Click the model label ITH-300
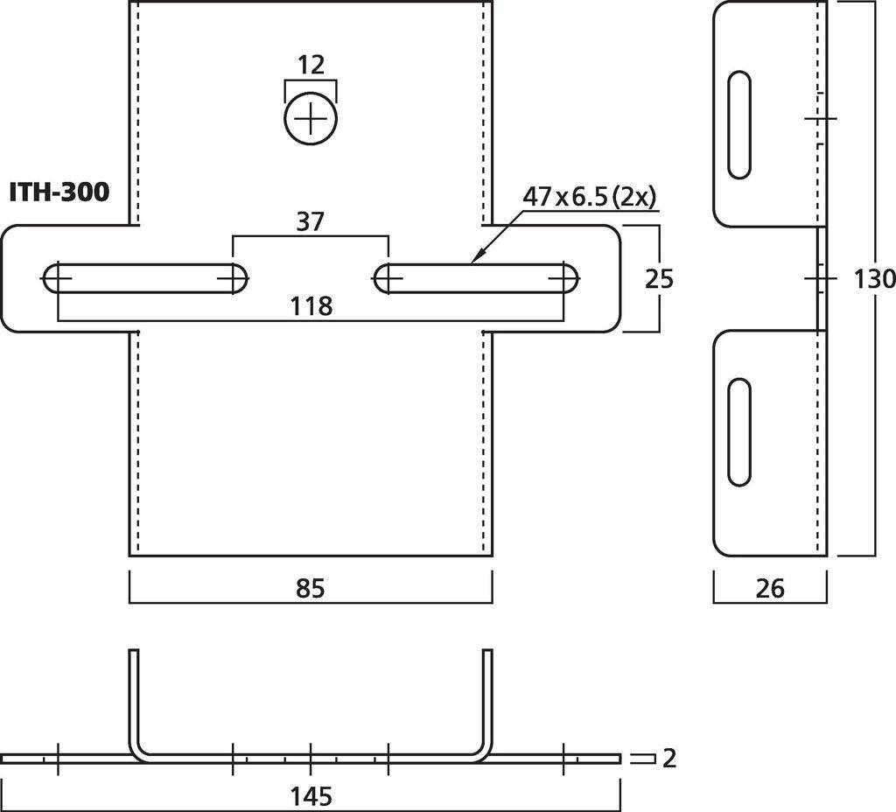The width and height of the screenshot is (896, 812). click(x=59, y=192)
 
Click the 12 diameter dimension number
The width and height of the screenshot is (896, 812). click(x=311, y=65)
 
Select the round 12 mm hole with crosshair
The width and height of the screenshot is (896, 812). click(x=311, y=118)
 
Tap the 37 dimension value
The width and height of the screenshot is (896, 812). click(x=311, y=222)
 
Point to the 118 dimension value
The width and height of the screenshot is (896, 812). click(x=311, y=306)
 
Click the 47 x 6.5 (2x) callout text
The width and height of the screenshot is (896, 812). click(x=589, y=198)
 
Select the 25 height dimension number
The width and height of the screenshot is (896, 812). click(x=659, y=279)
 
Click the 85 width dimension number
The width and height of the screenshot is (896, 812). click(x=311, y=589)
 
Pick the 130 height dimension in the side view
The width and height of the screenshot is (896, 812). click(x=873, y=279)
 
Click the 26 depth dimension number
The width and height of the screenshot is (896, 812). click(x=769, y=589)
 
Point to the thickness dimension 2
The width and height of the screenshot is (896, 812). click(x=669, y=759)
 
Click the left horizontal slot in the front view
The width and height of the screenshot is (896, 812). click(x=144, y=278)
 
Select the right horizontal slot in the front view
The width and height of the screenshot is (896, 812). click(x=476, y=278)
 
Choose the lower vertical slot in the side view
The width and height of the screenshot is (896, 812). click(x=739, y=432)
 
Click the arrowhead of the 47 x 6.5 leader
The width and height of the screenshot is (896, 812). click(x=475, y=260)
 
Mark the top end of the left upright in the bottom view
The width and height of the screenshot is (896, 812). click(x=134, y=652)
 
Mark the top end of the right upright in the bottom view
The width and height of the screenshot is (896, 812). click(x=487, y=652)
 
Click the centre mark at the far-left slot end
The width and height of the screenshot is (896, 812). click(x=57, y=278)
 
